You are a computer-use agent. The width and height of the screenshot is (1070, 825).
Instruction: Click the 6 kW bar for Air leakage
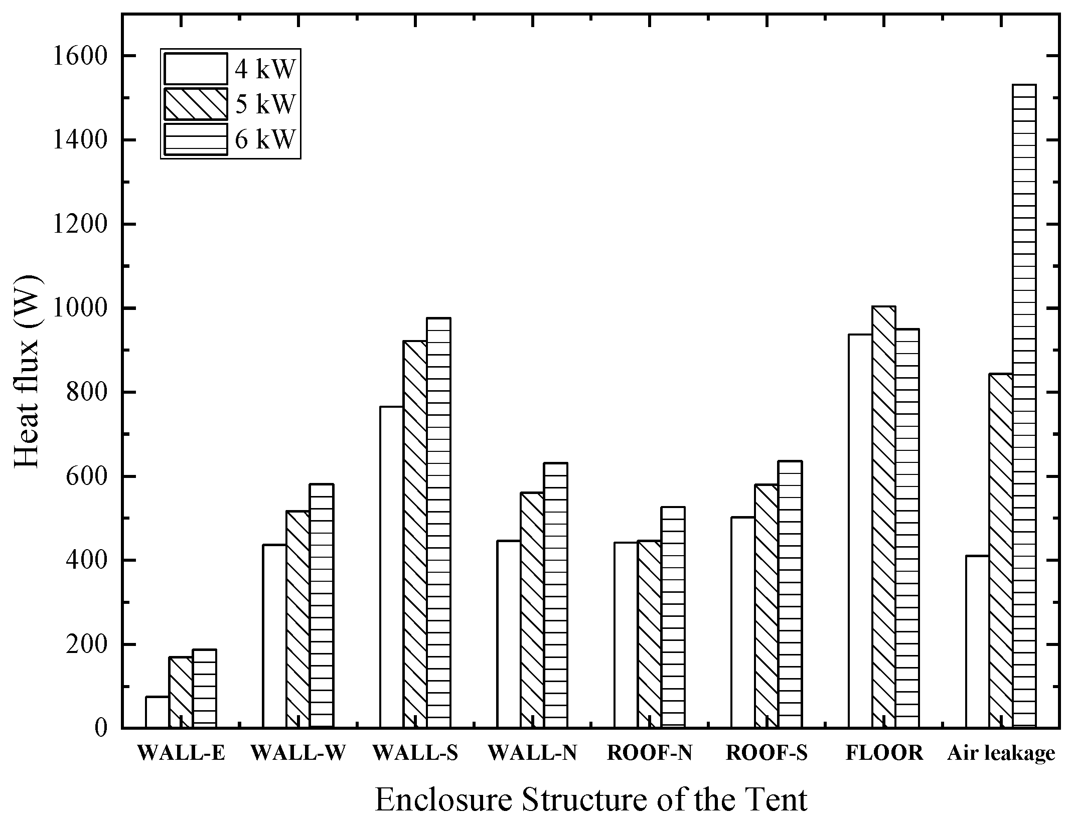click(1024, 406)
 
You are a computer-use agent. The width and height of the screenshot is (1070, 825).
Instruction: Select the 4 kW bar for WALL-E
click(157, 712)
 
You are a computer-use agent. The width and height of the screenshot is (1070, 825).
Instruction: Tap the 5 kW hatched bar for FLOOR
click(883, 517)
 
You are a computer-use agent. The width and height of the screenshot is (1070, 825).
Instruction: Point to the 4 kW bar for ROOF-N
click(626, 635)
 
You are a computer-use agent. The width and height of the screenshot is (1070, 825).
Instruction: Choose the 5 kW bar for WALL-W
click(298, 619)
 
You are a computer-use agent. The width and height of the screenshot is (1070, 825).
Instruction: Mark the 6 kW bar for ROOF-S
click(790, 594)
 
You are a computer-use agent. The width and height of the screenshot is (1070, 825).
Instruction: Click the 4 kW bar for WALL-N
click(509, 634)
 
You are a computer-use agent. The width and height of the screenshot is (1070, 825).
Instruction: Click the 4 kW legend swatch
click(195, 69)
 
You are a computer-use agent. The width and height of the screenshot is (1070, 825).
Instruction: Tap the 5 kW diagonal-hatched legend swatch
click(195, 104)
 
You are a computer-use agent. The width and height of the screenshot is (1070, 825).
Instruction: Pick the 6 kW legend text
click(265, 139)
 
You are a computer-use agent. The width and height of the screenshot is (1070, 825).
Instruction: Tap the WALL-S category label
click(415, 767)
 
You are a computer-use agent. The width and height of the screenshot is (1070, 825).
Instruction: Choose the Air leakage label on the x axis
click(1001, 767)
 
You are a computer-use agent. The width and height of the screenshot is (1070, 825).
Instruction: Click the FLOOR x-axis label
click(884, 767)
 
